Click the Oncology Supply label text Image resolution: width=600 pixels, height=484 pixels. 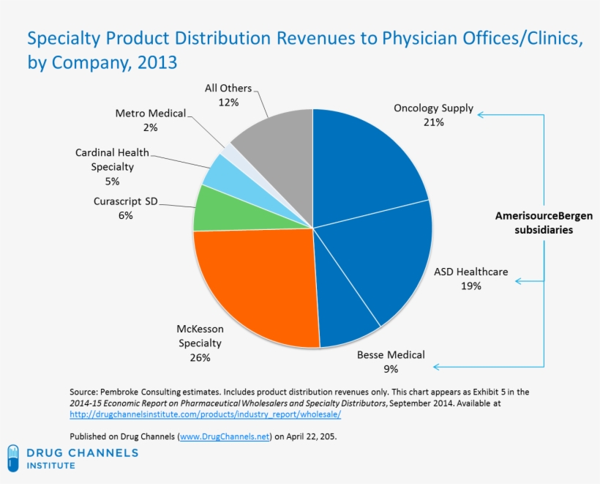click(433, 108)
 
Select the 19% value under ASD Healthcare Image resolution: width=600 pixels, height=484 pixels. click(470, 286)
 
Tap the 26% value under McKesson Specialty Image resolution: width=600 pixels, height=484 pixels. click(199, 357)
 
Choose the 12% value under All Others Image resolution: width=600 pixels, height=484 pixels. click(228, 103)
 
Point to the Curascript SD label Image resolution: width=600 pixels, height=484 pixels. click(125, 201)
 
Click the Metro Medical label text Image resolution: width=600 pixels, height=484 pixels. click(150, 113)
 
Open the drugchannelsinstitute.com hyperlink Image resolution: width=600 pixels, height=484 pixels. click(205, 414)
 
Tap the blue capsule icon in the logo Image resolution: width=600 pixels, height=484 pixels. click(13, 459)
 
